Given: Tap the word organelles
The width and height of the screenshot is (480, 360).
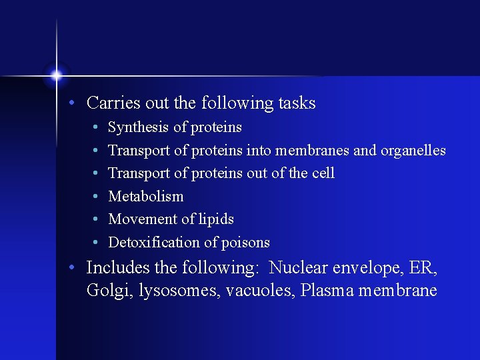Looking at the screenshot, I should click(x=413, y=151).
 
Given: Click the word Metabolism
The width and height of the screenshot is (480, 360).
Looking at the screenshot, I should click(x=145, y=197).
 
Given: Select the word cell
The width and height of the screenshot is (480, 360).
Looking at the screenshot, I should click(x=323, y=173).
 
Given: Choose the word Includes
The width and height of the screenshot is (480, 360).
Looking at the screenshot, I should click(x=118, y=268).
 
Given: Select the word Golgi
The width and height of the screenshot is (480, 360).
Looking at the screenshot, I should click(x=109, y=291).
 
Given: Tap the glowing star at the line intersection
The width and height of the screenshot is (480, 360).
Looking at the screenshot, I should click(x=57, y=75).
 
